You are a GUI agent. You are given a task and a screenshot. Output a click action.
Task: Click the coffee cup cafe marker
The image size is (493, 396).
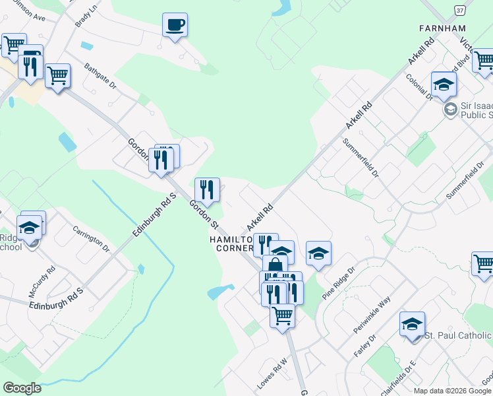coord(175,26)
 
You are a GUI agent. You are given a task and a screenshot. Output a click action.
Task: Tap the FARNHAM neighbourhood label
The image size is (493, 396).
coord(442,28)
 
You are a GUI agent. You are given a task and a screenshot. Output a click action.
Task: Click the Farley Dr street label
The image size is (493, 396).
coord(364,346)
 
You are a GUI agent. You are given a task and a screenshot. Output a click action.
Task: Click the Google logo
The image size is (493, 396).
coord(22,387)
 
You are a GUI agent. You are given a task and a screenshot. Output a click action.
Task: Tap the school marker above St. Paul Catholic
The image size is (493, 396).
coord(412,324)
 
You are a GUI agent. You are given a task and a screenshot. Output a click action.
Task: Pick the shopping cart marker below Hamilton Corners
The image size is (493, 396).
coord(282,315)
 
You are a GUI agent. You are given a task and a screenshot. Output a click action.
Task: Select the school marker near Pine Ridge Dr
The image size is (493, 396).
coord(318,253)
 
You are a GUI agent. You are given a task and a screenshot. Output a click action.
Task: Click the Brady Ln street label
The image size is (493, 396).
coord(86,15)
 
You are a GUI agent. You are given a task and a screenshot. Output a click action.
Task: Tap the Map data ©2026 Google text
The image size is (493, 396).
coord(452,391)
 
